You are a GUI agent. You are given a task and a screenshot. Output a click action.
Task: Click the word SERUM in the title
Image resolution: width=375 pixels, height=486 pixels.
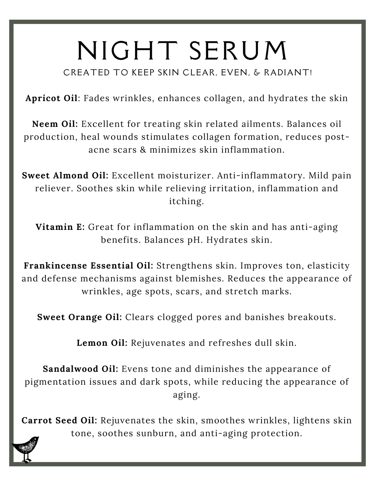point(238,51)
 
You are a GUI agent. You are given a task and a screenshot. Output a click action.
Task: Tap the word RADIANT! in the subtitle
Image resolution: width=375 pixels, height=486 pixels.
point(288,73)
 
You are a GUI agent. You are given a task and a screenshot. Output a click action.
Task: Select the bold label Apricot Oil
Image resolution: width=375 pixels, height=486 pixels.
point(52,98)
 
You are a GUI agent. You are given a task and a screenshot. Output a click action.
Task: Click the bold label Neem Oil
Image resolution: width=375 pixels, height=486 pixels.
point(55,124)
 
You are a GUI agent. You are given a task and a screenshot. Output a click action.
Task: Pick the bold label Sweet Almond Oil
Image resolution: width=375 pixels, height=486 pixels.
point(65,175)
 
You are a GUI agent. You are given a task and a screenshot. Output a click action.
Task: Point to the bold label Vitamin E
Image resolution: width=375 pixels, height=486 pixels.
point(60,227)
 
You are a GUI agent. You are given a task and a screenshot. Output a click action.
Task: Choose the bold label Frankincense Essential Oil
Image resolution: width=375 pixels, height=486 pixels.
point(88,265)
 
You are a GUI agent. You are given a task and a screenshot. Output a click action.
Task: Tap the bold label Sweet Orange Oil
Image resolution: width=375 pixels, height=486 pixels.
point(79,317)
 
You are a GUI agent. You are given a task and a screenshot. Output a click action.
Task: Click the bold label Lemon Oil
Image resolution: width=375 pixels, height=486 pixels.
point(102,343)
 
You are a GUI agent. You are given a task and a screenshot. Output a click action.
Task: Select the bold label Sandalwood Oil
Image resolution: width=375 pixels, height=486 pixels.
point(80,369)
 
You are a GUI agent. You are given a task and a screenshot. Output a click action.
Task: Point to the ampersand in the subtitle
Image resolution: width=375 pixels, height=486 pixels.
point(257,73)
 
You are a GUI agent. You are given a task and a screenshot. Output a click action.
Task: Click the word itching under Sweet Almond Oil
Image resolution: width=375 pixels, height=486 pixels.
point(186,201)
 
